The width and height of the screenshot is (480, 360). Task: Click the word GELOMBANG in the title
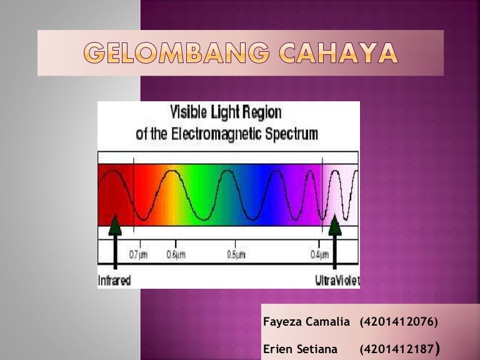177,54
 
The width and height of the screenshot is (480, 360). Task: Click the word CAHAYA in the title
338,54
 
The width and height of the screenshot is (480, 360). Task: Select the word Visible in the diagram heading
189,113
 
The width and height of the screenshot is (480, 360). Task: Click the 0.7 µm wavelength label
138,255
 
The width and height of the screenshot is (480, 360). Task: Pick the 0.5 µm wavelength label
236,255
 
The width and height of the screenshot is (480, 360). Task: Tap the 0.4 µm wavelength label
319,255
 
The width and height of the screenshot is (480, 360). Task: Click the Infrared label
114,281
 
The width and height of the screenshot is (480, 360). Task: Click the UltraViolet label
337,281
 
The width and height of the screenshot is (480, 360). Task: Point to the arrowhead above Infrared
114,225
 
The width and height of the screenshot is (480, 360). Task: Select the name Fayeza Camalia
306,322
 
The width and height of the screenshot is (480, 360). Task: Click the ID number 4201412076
399,322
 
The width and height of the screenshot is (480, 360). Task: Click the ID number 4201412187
397,347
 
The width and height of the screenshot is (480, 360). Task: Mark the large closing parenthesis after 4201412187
443,347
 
